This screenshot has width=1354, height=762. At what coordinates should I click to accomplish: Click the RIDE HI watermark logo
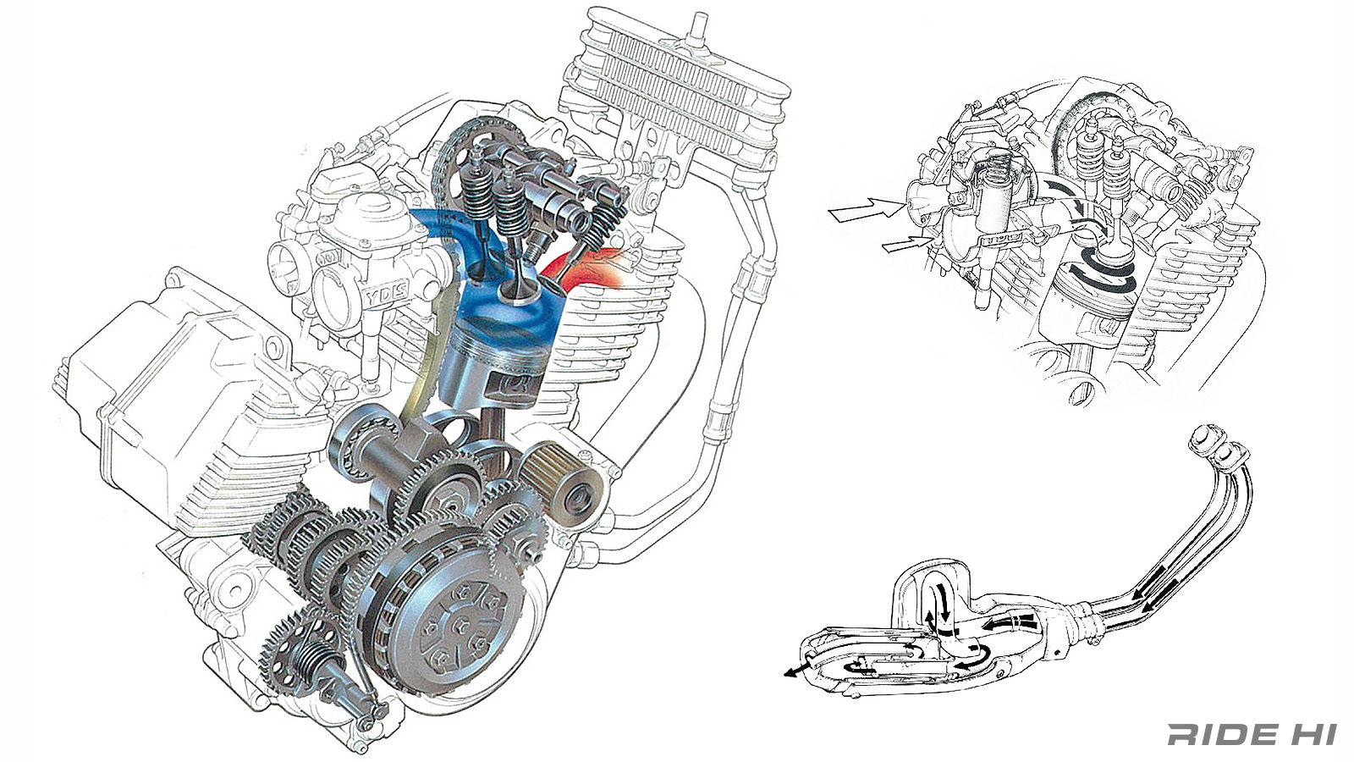tap(1252, 734)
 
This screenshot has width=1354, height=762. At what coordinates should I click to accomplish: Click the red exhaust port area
tap(582, 267)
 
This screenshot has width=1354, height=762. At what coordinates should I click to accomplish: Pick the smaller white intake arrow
tap(905, 244)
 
